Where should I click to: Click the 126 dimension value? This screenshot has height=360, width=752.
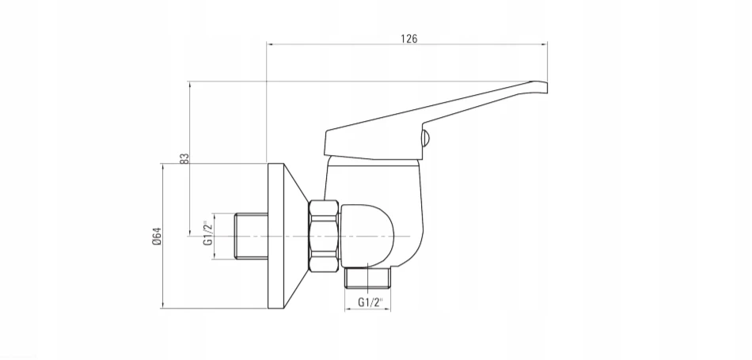coord(409,39)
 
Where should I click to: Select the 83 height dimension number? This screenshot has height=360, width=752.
coord(184,159)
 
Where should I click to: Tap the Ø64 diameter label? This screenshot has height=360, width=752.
coord(157,237)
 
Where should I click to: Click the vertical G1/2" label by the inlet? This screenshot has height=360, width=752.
coord(207,233)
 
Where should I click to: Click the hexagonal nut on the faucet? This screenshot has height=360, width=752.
coord(324,237)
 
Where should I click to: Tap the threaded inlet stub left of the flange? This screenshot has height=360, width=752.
coord(251,237)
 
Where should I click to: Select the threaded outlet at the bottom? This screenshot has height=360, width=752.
coord(367,278)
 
